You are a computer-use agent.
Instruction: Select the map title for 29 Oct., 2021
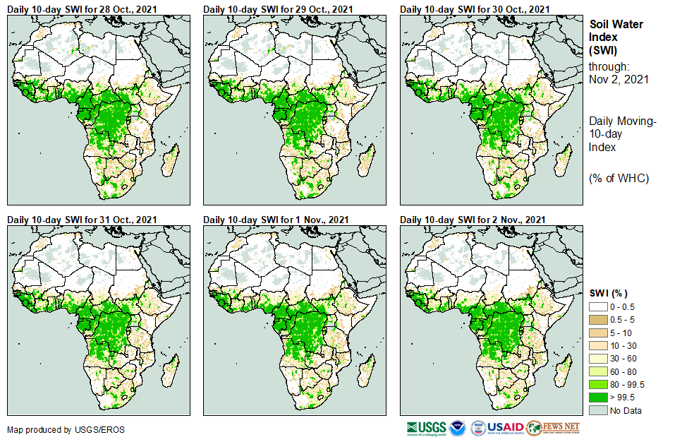coord(278,9)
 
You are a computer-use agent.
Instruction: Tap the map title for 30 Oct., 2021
coord(475,9)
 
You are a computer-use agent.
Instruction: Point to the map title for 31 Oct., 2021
coord(82,220)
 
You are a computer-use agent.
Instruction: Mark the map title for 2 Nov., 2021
coord(472,220)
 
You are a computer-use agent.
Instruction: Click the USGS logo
coord(426,428)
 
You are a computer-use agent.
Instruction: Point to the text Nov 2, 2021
coord(619,79)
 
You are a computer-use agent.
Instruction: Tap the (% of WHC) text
coord(619,178)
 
